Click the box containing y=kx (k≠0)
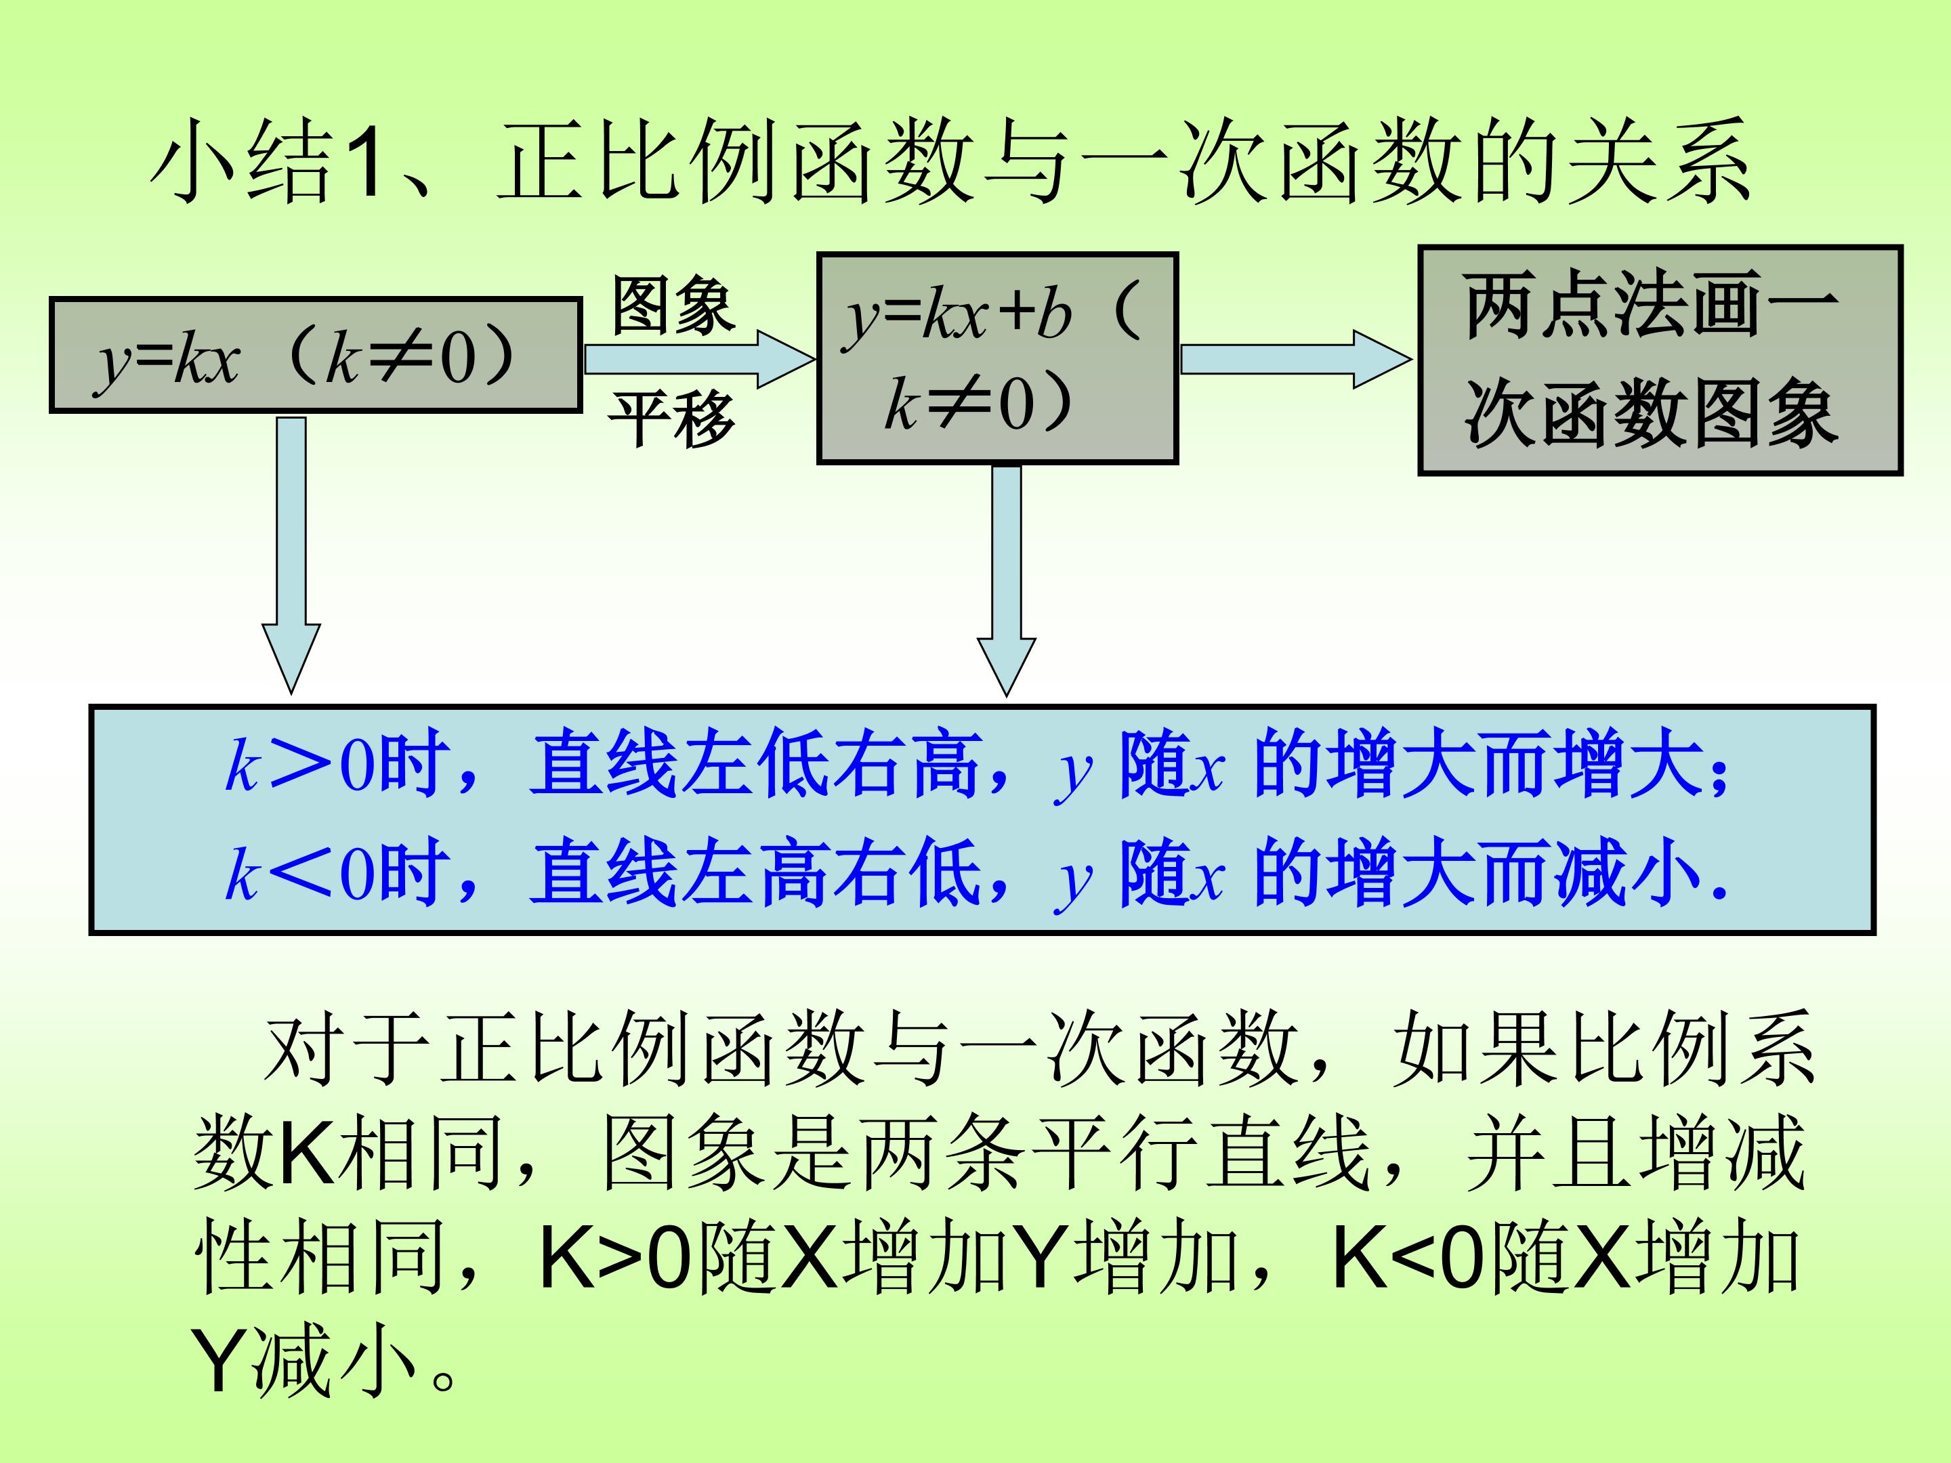tap(315, 354)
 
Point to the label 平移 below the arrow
tap(672, 418)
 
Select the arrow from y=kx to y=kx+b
tap(698, 359)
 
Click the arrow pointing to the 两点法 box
tap(1295, 359)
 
